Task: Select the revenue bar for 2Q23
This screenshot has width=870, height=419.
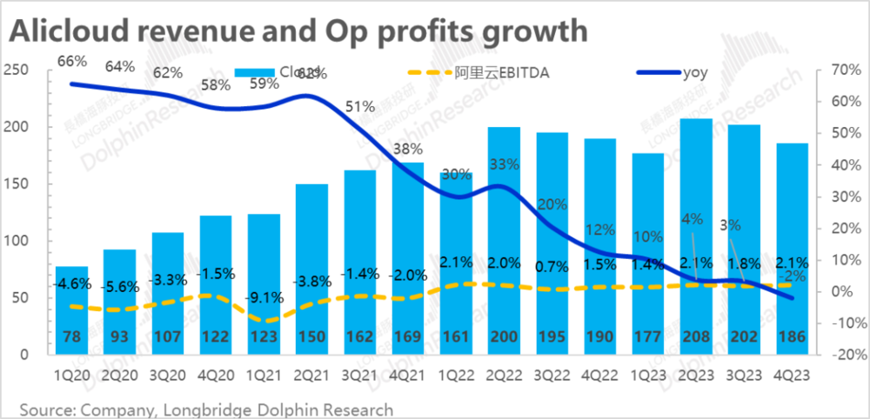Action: pyautogui.click(x=697, y=235)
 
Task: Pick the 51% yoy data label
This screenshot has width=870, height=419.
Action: pyautogui.click(x=360, y=107)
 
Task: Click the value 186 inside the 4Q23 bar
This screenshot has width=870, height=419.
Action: pyautogui.click(x=793, y=336)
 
